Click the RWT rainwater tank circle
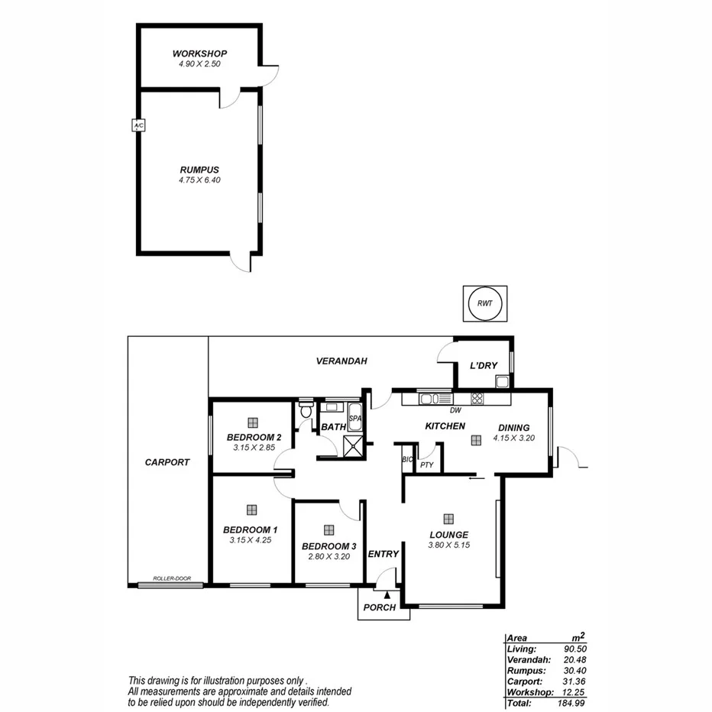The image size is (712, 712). pyautogui.click(x=484, y=304)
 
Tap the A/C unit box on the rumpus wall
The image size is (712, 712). pyautogui.click(x=138, y=125)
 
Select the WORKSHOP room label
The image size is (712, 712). pyautogui.click(x=199, y=53)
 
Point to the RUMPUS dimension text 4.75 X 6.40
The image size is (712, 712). pyautogui.click(x=199, y=180)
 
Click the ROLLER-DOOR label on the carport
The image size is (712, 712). pyautogui.click(x=171, y=578)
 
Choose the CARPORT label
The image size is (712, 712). pyautogui.click(x=167, y=462)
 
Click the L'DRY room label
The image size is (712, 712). pyautogui.click(x=484, y=366)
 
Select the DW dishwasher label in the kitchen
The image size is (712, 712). pyautogui.click(x=455, y=410)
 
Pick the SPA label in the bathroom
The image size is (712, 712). pyautogui.click(x=354, y=419)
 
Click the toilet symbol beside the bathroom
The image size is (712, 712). pyautogui.click(x=306, y=410)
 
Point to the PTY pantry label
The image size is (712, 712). pyautogui.click(x=426, y=464)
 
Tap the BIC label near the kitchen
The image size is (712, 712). pyautogui.click(x=407, y=460)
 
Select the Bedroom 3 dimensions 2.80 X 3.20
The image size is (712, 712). pyautogui.click(x=328, y=557)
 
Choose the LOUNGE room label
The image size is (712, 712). pyautogui.click(x=448, y=535)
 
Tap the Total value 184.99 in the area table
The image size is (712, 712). pyautogui.click(x=571, y=702)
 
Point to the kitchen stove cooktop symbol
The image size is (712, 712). pyautogui.click(x=477, y=398)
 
